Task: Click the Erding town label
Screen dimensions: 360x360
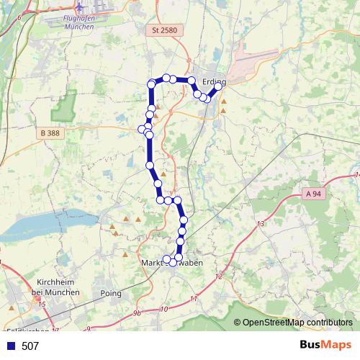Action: pos(215,81)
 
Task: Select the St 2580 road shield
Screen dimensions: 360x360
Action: pos(164,31)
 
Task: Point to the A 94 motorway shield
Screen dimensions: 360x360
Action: pos(312,194)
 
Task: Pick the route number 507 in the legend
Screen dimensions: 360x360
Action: pos(30,346)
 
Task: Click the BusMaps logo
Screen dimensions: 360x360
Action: pos(325,345)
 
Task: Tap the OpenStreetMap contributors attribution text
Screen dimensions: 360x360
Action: pos(297,323)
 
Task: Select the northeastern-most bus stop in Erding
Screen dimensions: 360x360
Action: pos(219,86)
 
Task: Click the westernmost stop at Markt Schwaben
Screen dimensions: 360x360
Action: pos(166,259)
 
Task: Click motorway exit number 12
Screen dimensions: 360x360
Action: pos(219,276)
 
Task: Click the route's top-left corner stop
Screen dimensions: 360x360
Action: pos(151,84)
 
